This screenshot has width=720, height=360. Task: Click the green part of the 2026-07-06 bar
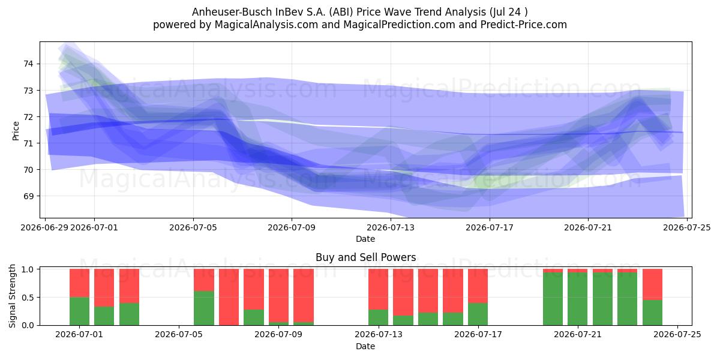click(204, 308)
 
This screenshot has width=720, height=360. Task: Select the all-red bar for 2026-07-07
click(229, 297)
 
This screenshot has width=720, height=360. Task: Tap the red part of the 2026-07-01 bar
click(79, 283)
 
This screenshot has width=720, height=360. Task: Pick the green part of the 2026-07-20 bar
click(553, 299)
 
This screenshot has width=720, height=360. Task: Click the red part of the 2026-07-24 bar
click(653, 284)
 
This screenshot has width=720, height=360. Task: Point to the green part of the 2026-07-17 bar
click(478, 314)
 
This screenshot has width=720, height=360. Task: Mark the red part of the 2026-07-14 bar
click(403, 292)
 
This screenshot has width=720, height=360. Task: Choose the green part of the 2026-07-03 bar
click(129, 314)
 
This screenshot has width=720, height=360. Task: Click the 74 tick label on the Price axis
click(28, 64)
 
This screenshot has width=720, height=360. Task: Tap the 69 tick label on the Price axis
click(28, 196)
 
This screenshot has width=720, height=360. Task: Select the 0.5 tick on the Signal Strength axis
click(28, 298)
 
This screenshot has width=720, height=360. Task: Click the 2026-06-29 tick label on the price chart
click(44, 227)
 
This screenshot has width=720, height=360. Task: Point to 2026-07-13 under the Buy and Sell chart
click(379, 335)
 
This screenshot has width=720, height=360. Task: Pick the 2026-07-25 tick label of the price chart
click(687, 227)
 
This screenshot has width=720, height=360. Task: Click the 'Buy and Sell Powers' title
click(366, 257)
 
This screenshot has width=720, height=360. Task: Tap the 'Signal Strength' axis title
click(12, 296)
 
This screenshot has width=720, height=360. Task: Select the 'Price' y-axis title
click(16, 131)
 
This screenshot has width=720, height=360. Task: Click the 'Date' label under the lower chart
click(365, 346)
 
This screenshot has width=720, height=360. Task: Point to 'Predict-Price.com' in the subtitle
click(524, 25)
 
